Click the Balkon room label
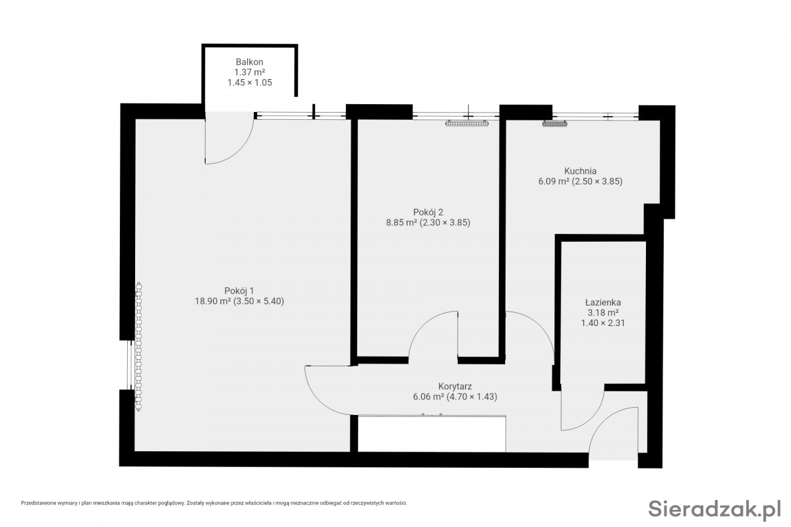[x=249, y=62]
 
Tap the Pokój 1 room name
[x=239, y=291]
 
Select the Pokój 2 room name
[x=428, y=212]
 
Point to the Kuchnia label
[x=580, y=171]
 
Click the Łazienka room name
[x=602, y=302]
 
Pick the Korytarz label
[x=455, y=386]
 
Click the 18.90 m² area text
[x=214, y=301]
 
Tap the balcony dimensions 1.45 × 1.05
[x=249, y=82]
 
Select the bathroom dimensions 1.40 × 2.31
[x=602, y=323]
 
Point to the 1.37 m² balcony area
[x=249, y=72]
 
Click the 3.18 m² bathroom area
[x=602, y=312]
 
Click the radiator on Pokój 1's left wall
[x=139, y=347]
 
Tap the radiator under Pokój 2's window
[x=467, y=123]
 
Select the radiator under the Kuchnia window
[x=555, y=123]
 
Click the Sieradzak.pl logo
[x=714, y=509]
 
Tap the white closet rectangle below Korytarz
[x=432, y=434]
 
